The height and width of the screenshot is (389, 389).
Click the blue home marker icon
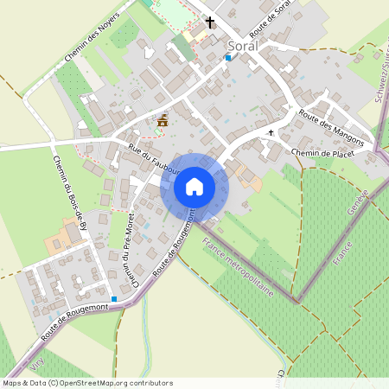click(194, 187)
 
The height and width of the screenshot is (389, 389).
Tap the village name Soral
click(243, 45)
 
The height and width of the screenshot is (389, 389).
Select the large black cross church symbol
click(209, 22)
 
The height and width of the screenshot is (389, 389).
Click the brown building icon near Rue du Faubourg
click(162, 121)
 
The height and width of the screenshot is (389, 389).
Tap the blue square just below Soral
click(228, 57)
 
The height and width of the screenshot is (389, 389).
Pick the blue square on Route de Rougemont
click(114, 298)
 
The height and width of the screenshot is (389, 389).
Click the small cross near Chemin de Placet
click(271, 133)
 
